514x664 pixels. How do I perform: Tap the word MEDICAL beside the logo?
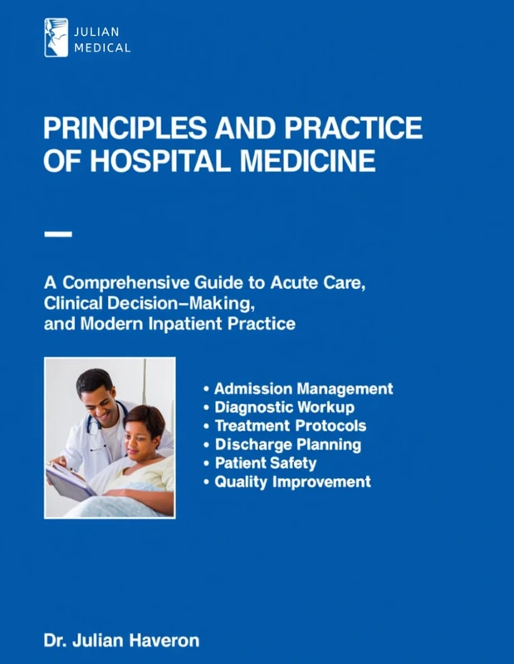coord(103,48)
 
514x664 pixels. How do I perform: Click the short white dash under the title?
coord(57,235)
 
